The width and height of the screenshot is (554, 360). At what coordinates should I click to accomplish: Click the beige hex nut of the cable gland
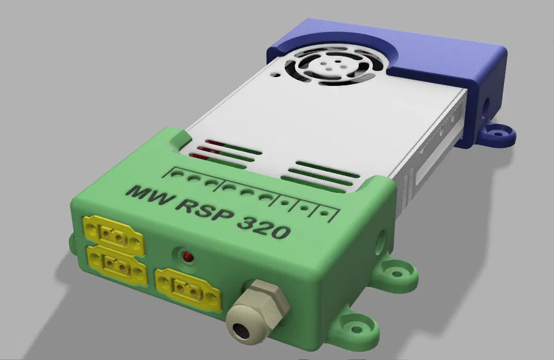coord(265,300)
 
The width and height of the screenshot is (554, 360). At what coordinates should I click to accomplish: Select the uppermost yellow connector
coord(113,234)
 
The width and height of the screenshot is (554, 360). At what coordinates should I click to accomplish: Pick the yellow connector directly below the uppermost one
coord(116,264)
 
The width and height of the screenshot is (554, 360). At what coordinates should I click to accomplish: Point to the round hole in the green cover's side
coord(380,240)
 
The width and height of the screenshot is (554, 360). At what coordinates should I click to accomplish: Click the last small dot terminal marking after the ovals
coord(325,215)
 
